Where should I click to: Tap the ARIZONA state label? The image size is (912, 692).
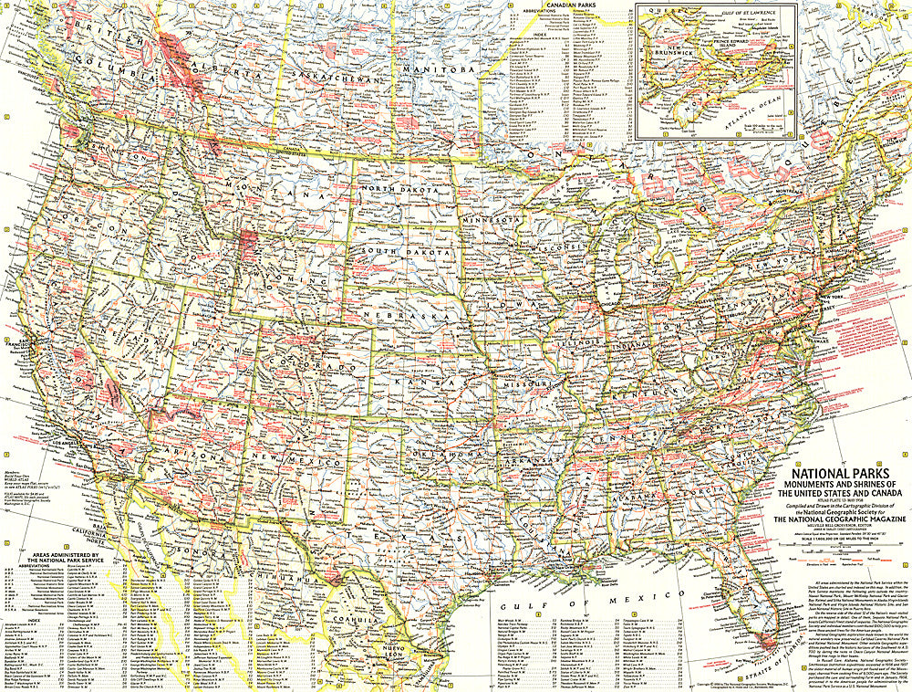tap(192, 454)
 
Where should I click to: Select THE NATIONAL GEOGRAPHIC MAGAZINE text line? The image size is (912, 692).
tap(833, 519)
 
